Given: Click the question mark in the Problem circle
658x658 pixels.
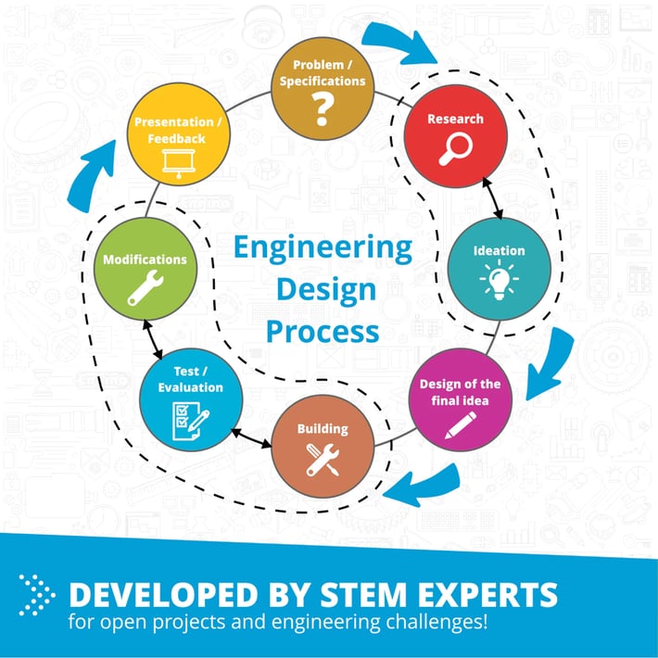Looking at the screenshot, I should [x=322, y=112].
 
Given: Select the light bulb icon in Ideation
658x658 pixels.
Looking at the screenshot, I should [x=499, y=278].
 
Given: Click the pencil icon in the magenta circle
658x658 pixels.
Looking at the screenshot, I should [x=461, y=424].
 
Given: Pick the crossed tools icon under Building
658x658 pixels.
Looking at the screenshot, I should [x=323, y=458].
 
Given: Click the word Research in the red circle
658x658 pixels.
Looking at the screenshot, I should [x=455, y=120].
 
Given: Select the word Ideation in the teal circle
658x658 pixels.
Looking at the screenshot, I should [x=499, y=250].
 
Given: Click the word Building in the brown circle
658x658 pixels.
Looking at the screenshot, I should [x=323, y=429].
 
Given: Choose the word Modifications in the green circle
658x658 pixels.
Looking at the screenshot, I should [x=146, y=260].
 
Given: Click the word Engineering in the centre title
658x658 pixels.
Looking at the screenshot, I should [x=323, y=248].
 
